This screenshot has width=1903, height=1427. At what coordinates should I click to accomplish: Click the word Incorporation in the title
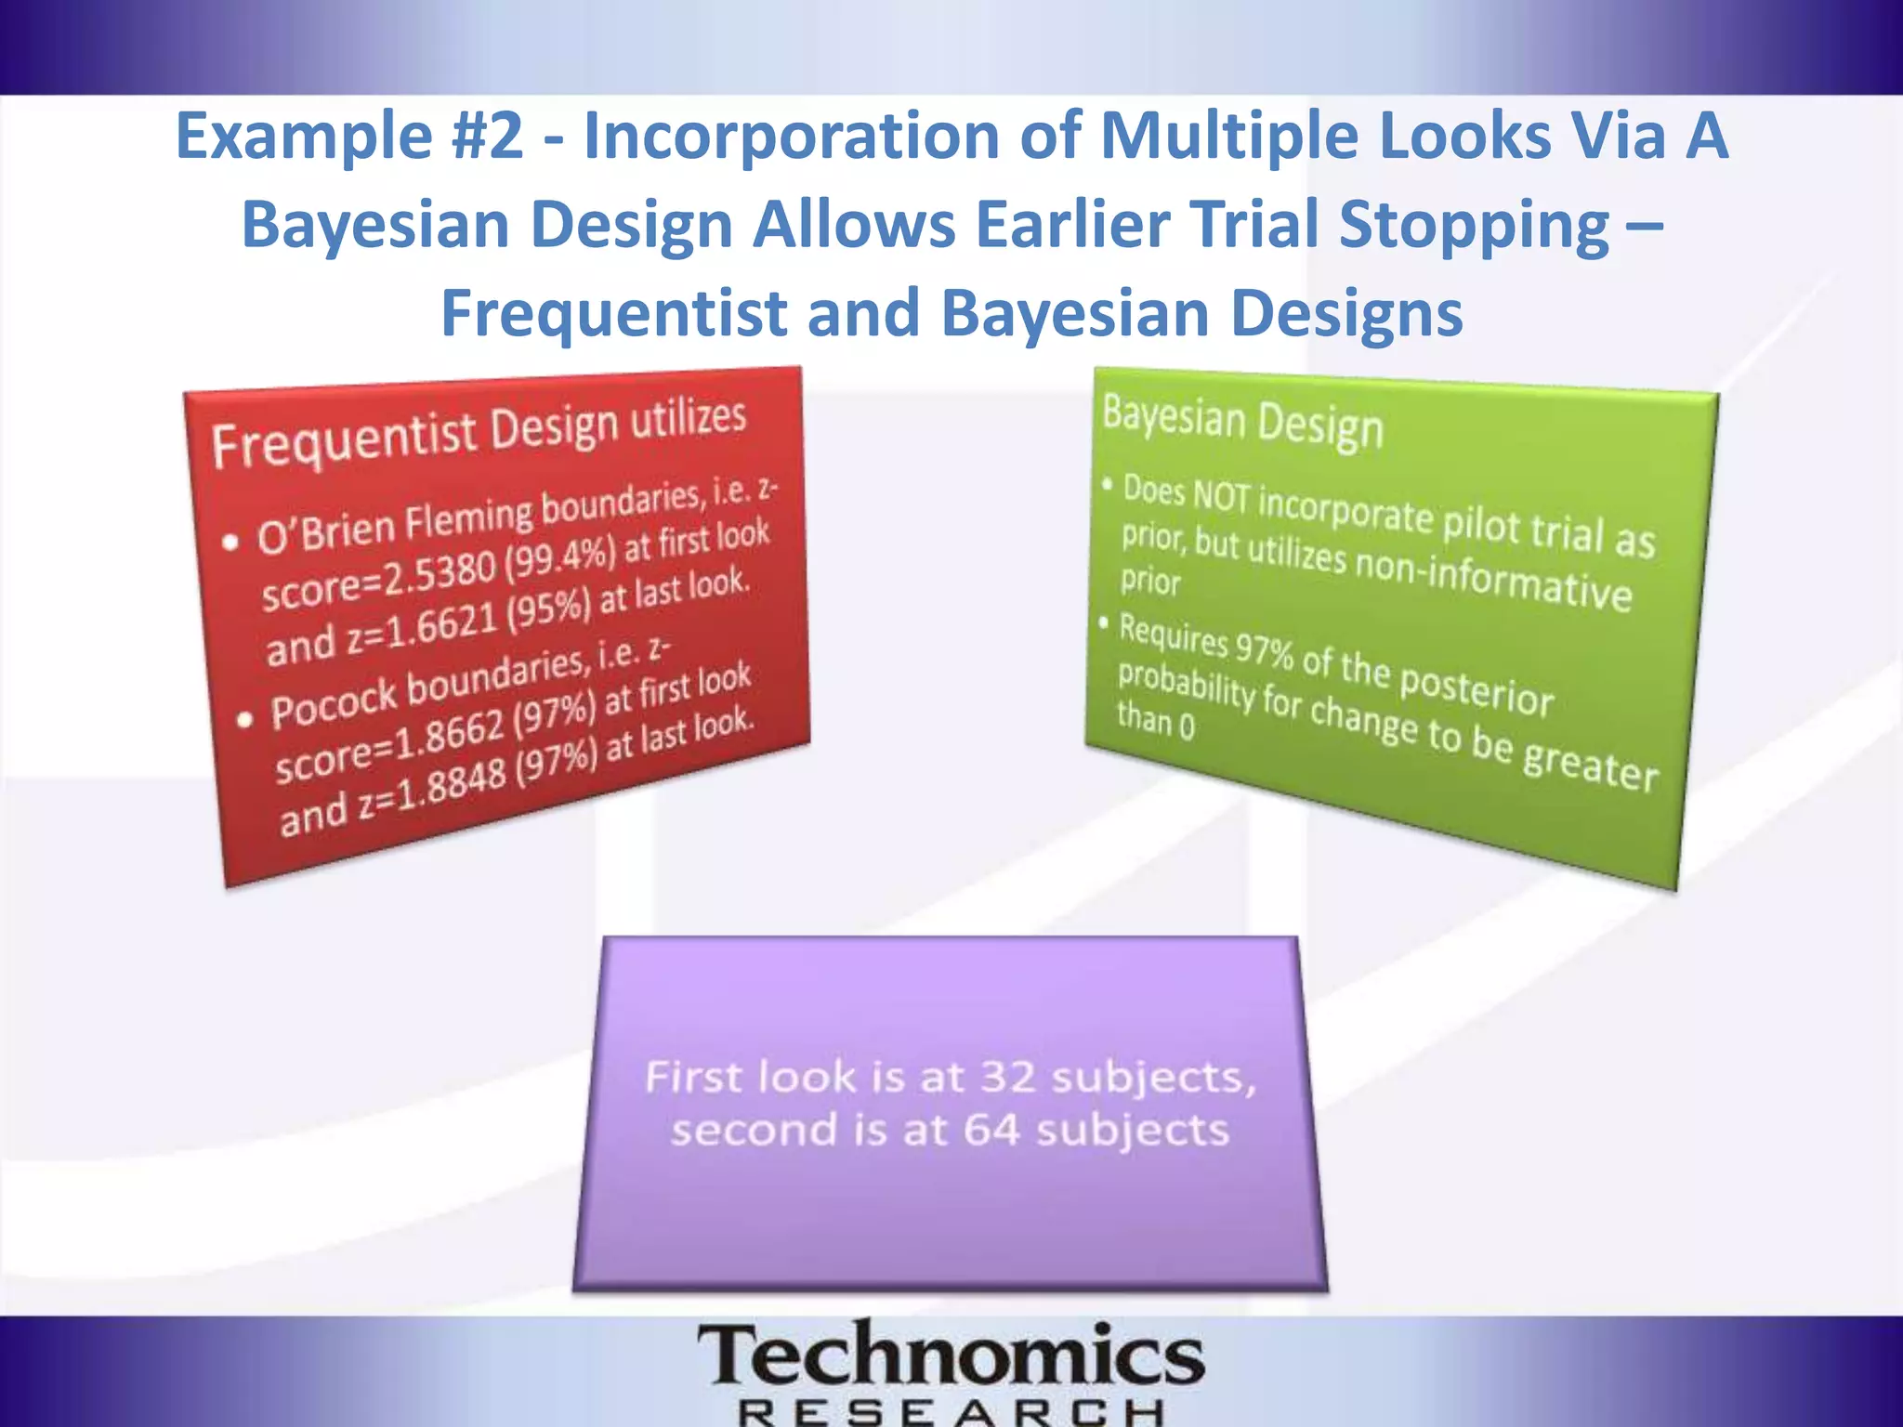coord(791,136)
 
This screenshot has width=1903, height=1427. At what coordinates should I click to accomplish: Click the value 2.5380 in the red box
coord(441,577)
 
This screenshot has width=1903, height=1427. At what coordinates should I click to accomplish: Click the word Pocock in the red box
coord(334,705)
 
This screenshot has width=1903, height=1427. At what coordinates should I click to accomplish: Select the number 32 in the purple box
coord(1007,1078)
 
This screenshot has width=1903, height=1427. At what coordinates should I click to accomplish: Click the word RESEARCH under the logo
coord(951,1412)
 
